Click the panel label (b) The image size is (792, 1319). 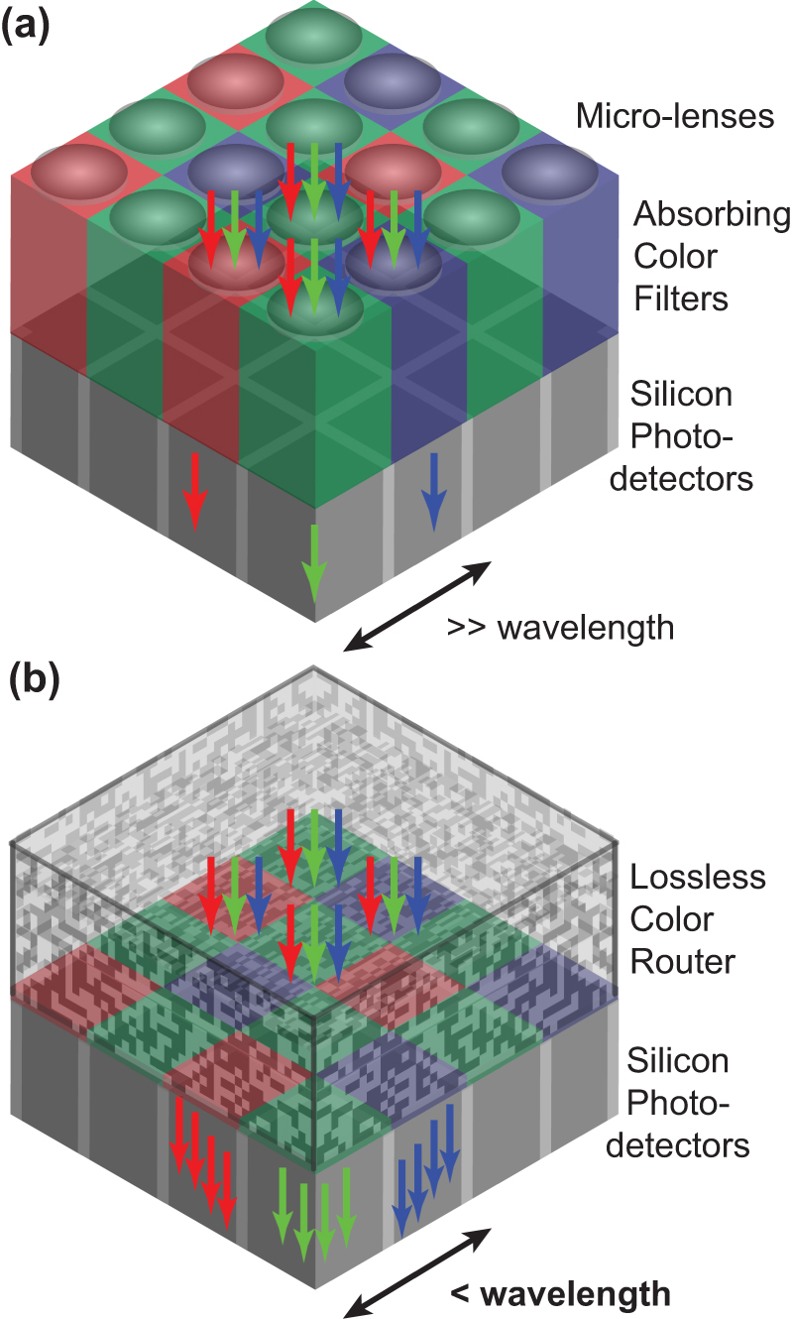(34, 680)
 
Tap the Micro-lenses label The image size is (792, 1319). (674, 115)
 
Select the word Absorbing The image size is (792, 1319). (712, 215)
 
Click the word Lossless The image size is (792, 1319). (697, 877)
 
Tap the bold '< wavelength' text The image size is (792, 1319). (560, 1294)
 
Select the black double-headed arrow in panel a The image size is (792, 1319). (417, 606)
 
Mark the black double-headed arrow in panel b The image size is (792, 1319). (417, 1272)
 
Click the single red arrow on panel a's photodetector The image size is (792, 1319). (194, 492)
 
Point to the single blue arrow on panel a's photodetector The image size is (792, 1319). (433, 492)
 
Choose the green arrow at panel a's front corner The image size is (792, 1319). (314, 563)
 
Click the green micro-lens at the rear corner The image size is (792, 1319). (313, 36)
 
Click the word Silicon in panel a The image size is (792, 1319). (681, 394)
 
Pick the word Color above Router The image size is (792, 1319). (671, 919)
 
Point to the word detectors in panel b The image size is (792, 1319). (678, 1145)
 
